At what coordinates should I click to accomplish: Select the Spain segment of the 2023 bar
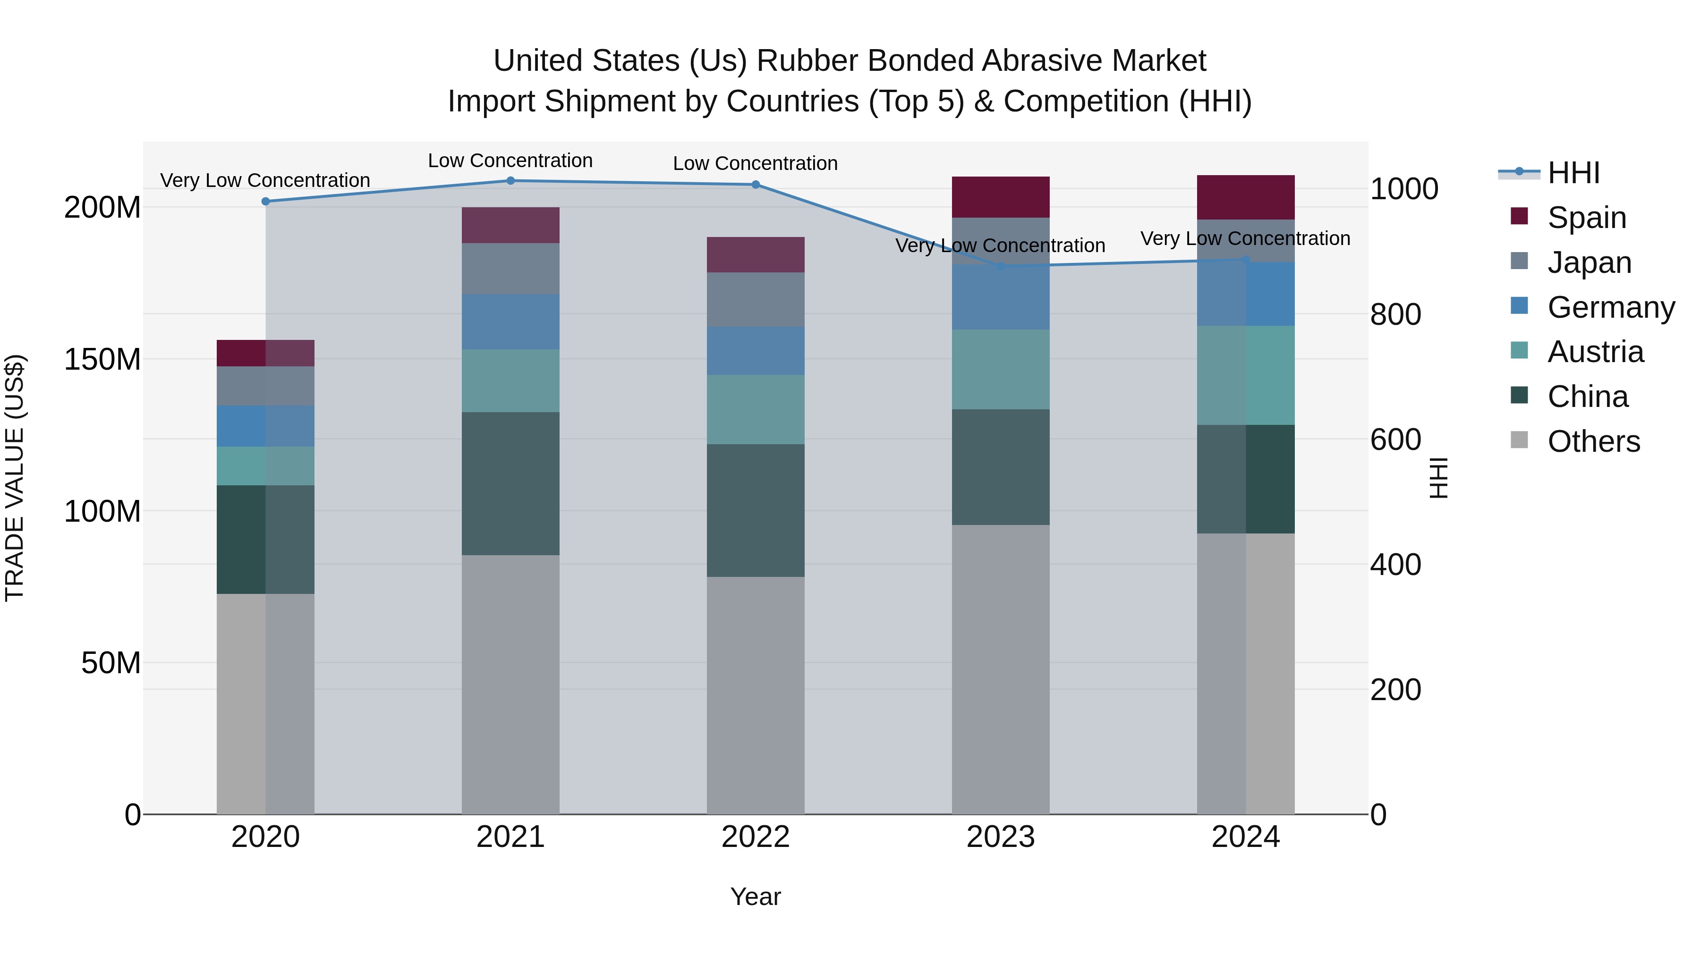1001,197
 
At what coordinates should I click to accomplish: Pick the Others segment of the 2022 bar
756,695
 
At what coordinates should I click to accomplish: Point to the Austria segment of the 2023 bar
1001,370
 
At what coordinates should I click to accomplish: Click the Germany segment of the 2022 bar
756,351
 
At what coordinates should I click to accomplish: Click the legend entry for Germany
1610,307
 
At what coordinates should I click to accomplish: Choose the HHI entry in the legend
1573,173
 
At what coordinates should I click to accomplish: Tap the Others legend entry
1593,441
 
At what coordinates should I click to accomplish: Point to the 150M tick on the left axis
102,360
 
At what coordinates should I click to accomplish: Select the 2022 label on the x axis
756,837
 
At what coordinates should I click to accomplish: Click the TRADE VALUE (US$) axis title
15,478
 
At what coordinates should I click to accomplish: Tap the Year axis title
756,897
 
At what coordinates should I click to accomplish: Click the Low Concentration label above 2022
756,164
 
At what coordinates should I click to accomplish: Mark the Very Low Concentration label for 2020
265,180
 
